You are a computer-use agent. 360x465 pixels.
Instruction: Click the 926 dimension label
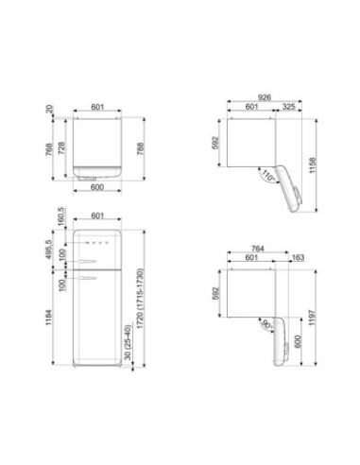click(x=265, y=97)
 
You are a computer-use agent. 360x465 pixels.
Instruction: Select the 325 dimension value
click(x=288, y=107)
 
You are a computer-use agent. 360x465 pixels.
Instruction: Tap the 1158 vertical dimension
click(x=312, y=165)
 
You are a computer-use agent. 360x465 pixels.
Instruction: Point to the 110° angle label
click(x=268, y=176)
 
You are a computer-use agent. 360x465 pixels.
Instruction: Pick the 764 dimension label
click(x=258, y=249)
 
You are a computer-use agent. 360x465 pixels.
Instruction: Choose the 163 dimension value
click(x=298, y=258)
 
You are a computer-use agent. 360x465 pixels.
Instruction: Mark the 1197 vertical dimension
click(x=312, y=318)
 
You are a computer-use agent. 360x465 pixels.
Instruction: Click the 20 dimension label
click(x=50, y=109)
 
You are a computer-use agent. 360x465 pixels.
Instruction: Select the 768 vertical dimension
click(x=49, y=150)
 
